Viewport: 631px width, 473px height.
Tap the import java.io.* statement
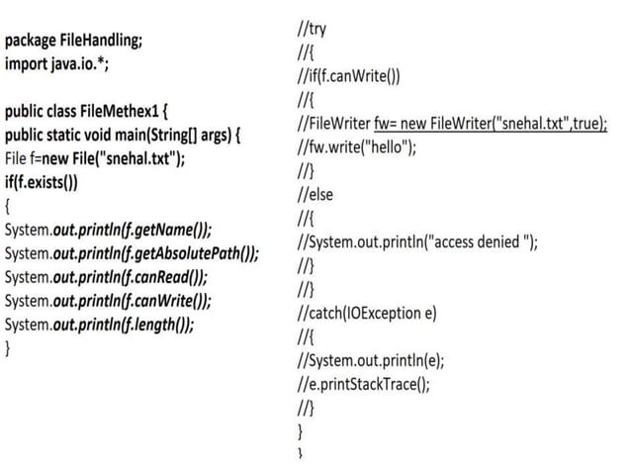point(57,63)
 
